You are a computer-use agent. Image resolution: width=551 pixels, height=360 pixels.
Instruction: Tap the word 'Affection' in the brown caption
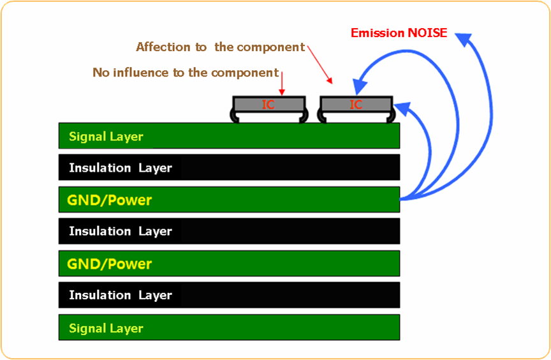[163, 47]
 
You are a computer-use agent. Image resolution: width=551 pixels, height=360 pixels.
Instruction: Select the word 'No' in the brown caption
[100, 73]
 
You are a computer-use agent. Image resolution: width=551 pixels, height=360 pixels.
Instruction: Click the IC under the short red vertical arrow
[268, 104]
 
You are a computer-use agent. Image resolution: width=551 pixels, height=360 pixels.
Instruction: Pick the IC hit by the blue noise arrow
[356, 104]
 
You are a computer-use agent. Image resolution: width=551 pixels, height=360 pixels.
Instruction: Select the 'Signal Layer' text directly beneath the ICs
[106, 137]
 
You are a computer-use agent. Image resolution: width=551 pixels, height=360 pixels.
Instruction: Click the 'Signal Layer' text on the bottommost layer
[106, 328]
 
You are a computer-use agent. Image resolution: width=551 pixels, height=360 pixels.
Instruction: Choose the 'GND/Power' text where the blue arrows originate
[110, 200]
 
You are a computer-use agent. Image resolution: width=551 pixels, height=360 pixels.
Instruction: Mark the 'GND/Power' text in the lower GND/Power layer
[110, 264]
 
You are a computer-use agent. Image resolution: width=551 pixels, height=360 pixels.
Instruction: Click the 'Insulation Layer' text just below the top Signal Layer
[121, 168]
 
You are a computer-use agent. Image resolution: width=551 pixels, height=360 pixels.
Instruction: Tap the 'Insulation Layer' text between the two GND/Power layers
[121, 231]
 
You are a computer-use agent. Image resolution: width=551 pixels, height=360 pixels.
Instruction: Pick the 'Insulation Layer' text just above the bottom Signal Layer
[121, 295]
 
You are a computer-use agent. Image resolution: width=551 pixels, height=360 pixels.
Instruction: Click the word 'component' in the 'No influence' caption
[245, 73]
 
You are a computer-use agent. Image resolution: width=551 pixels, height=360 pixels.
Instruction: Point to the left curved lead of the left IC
[232, 116]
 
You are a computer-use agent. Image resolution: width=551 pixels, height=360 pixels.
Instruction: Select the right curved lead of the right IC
[390, 116]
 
